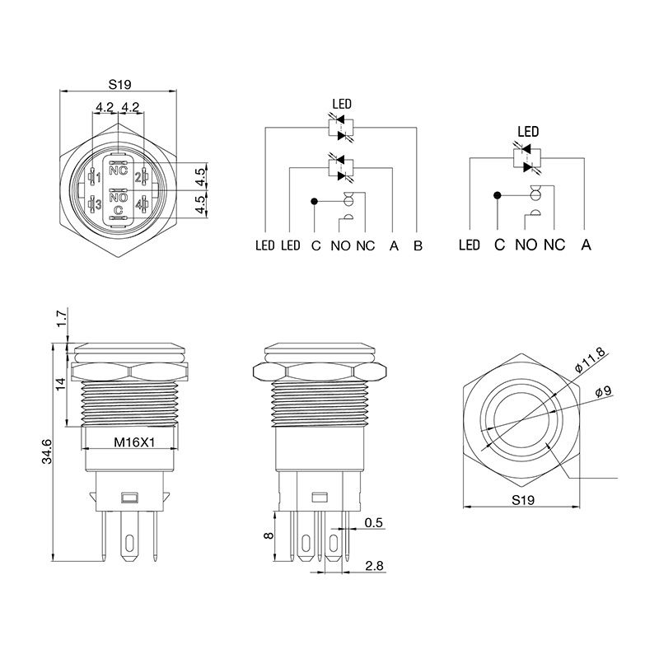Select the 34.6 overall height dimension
coord(47,451)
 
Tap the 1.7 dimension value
coord(62,319)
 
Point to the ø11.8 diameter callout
coord(590,360)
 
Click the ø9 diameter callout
coord(604,392)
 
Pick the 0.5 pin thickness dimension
coord(374,522)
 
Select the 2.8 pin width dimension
coord(374,566)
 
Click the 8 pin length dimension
coord(269,535)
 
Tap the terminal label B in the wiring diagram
coord(418,245)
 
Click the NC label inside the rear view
coord(118,171)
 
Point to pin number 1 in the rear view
coord(98,178)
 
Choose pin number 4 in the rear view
coord(138,204)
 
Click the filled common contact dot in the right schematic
coord(498,195)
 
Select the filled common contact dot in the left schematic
coord(314,202)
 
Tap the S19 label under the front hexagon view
coord(523,500)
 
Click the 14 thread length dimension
coord(61,384)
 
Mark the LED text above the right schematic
coord(528,132)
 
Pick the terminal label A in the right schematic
coord(586,245)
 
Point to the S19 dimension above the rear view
coord(119,85)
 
